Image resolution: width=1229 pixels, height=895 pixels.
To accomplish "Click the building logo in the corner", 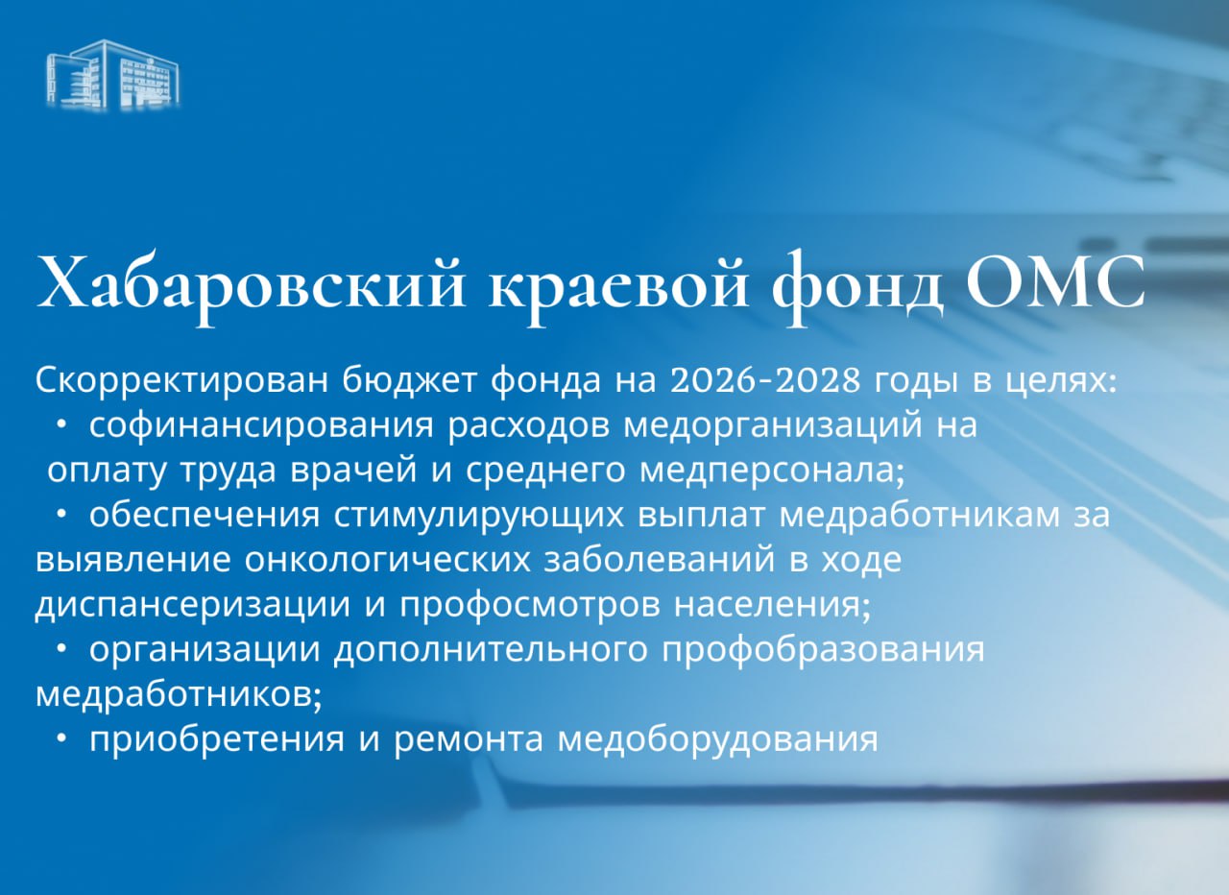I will [113, 74].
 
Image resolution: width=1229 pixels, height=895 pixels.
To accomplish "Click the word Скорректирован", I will [183, 381].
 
